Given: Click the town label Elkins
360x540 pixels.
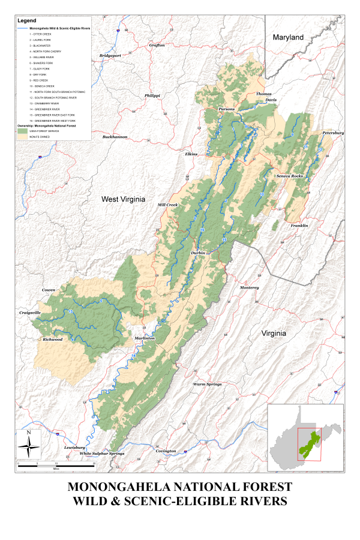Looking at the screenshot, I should (x=191, y=154).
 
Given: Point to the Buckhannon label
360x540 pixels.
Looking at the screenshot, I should (x=115, y=137).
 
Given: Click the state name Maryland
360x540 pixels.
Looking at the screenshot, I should (x=289, y=37).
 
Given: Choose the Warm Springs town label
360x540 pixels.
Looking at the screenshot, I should (x=207, y=384).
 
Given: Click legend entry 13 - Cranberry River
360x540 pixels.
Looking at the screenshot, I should (x=46, y=103).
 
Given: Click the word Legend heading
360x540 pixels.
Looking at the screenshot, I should (x=27, y=21).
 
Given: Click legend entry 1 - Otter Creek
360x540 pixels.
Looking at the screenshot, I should (x=43, y=35).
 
